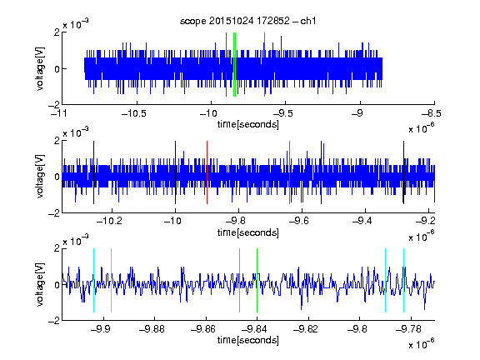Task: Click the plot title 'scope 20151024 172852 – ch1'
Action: pyautogui.click(x=247, y=21)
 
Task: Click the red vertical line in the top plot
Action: pyautogui.click(x=226, y=65)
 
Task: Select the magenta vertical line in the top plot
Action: pyautogui.click(x=264, y=65)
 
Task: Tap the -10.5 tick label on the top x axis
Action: pyautogui.click(x=134, y=113)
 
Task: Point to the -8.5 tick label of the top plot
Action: pyautogui.click(x=431, y=113)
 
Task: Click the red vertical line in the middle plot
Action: pyautogui.click(x=207, y=172)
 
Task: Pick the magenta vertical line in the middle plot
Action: pyautogui.click(x=289, y=172)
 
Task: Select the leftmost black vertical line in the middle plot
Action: pyautogui.click(x=93, y=172)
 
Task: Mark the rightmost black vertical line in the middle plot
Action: pyautogui.click(x=403, y=172)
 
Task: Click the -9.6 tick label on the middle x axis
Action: pyautogui.click(x=298, y=221)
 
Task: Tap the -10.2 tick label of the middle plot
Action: pyautogui.click(x=109, y=221)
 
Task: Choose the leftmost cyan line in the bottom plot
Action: pyautogui.click(x=93, y=280)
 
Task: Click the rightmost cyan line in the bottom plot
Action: pyautogui.click(x=403, y=280)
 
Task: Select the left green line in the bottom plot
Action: pyautogui.click(x=239, y=280)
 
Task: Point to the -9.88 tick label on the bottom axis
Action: pyautogui.click(x=152, y=329)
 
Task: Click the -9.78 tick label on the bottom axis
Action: pyautogui.click(x=408, y=329)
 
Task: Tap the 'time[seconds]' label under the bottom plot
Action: pyautogui.click(x=248, y=340)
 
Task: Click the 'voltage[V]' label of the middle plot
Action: pyautogui.click(x=40, y=177)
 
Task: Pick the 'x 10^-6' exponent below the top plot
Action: pyautogui.click(x=422, y=127)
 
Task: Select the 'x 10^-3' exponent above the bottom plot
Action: pyautogui.click(x=76, y=240)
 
